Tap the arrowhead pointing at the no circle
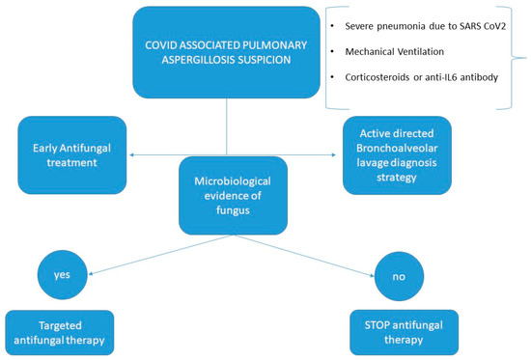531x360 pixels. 375,270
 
